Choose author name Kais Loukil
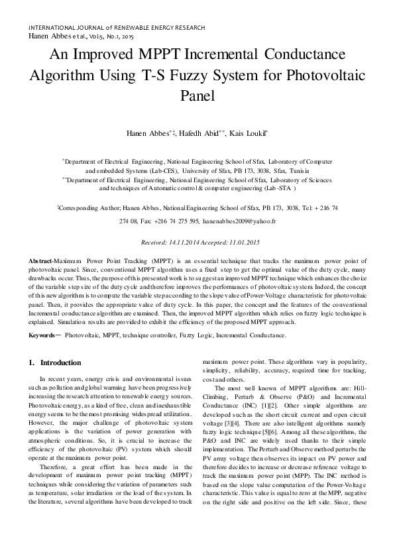[247, 134]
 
